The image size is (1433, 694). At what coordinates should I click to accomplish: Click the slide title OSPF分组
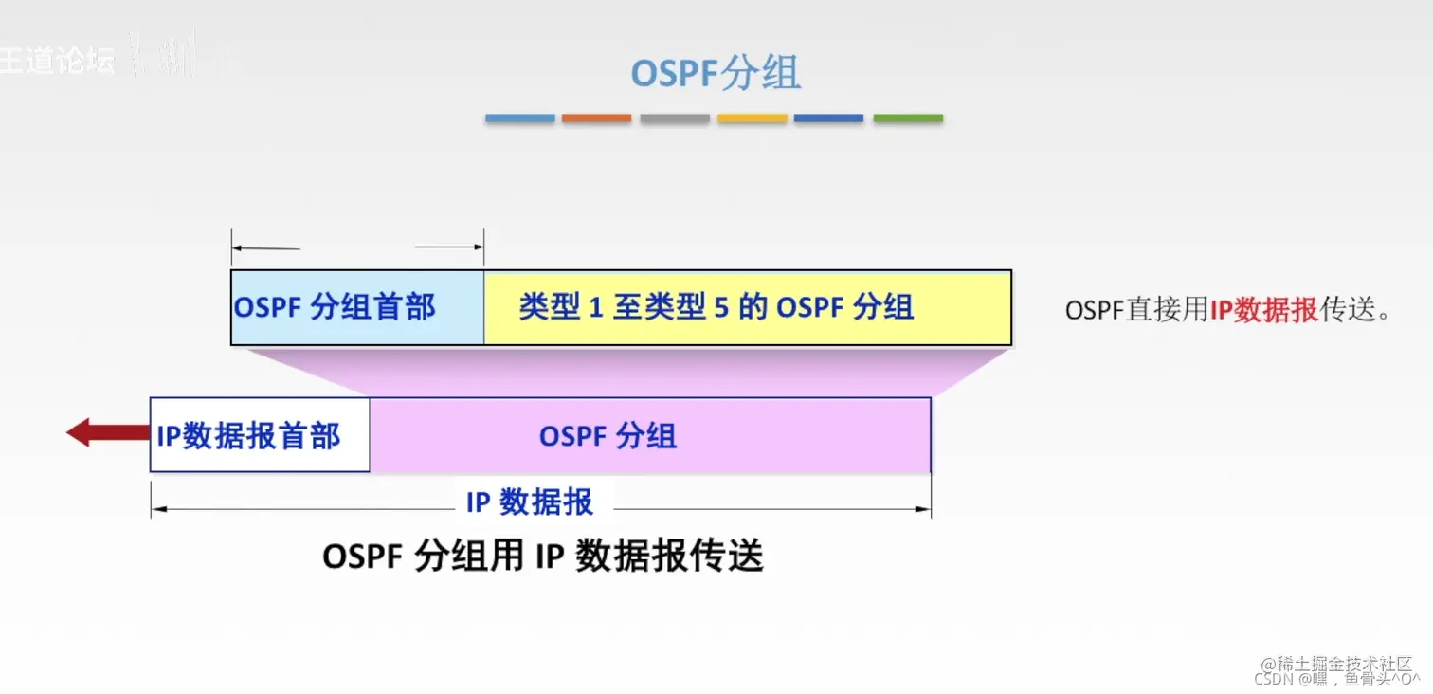pyautogui.click(x=716, y=74)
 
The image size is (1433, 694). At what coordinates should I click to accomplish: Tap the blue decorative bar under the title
pyautogui.click(x=519, y=119)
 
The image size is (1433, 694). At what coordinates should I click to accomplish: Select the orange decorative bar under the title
pyautogui.click(x=596, y=119)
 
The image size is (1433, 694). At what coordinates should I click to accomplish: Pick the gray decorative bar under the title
pyautogui.click(x=674, y=119)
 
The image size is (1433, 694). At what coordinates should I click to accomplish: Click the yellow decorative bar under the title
pyautogui.click(x=752, y=119)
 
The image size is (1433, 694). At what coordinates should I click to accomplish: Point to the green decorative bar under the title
pyautogui.click(x=907, y=119)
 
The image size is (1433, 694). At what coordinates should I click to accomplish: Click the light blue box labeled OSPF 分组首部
pyautogui.click(x=356, y=307)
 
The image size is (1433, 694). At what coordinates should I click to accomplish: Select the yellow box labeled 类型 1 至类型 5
pyautogui.click(x=747, y=307)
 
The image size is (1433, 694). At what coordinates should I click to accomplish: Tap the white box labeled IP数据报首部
pyautogui.click(x=259, y=435)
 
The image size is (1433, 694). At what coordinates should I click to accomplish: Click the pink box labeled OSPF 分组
pyautogui.click(x=649, y=435)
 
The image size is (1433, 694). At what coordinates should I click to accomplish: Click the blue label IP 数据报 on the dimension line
pyautogui.click(x=529, y=502)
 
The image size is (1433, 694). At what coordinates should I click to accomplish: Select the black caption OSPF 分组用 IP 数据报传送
pyautogui.click(x=542, y=557)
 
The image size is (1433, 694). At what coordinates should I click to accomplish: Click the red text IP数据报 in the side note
pyautogui.click(x=1263, y=311)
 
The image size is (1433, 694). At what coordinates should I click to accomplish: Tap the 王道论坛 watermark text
pyautogui.click(x=57, y=59)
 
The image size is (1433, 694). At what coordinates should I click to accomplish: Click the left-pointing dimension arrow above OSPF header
pyautogui.click(x=265, y=248)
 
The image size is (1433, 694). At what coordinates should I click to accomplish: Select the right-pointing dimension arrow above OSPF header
pyautogui.click(x=450, y=247)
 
